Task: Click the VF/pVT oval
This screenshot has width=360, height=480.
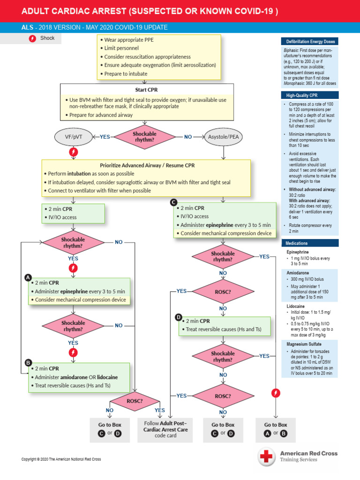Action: [x=71, y=137]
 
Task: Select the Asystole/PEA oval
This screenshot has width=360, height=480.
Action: [x=222, y=137]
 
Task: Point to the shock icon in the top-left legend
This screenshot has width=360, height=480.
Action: [x=32, y=38]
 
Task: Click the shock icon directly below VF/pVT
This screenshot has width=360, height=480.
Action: [x=73, y=152]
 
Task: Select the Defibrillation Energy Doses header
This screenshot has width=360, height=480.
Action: [x=309, y=42]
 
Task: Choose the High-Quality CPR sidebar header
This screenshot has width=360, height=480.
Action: [x=309, y=95]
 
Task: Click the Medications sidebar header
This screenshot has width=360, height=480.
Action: [x=309, y=243]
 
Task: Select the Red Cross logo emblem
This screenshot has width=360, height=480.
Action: [x=268, y=456]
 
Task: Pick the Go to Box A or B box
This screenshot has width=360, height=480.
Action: [x=276, y=429]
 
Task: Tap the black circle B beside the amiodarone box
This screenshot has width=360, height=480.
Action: [x=28, y=363]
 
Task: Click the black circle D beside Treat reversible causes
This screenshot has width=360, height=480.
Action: [x=179, y=317]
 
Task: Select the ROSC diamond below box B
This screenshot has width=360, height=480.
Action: [x=135, y=401]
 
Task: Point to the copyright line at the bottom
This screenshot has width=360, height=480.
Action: [x=61, y=459]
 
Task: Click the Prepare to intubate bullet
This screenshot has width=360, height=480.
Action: [x=126, y=74]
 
